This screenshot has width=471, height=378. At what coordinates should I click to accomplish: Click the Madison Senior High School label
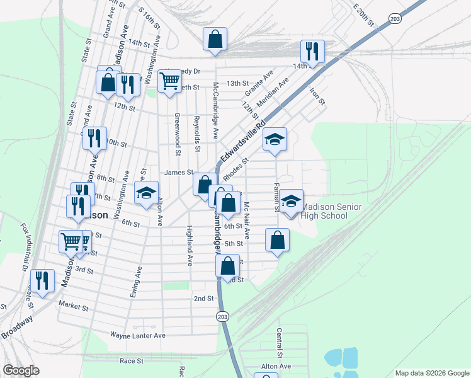point(324,211)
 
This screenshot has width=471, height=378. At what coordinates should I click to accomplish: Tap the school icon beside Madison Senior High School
point(291,202)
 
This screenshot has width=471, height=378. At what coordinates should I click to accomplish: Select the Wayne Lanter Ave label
point(137,336)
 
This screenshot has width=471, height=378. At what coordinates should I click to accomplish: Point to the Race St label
point(132,361)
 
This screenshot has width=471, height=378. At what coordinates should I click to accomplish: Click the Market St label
point(74,307)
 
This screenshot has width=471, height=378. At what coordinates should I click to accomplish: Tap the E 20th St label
point(363,13)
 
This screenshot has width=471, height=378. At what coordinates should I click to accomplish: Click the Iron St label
point(316,96)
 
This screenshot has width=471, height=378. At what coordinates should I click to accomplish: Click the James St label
point(178,172)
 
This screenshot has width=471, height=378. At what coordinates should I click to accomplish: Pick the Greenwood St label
point(178,134)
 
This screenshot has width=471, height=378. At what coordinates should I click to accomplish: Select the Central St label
point(278,344)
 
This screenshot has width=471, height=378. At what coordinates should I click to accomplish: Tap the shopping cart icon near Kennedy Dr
point(169,80)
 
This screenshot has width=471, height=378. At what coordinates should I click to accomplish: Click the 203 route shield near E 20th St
point(395,19)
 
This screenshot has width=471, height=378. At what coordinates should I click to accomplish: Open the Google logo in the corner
point(21,370)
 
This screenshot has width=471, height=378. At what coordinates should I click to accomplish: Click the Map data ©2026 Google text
point(431,373)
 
